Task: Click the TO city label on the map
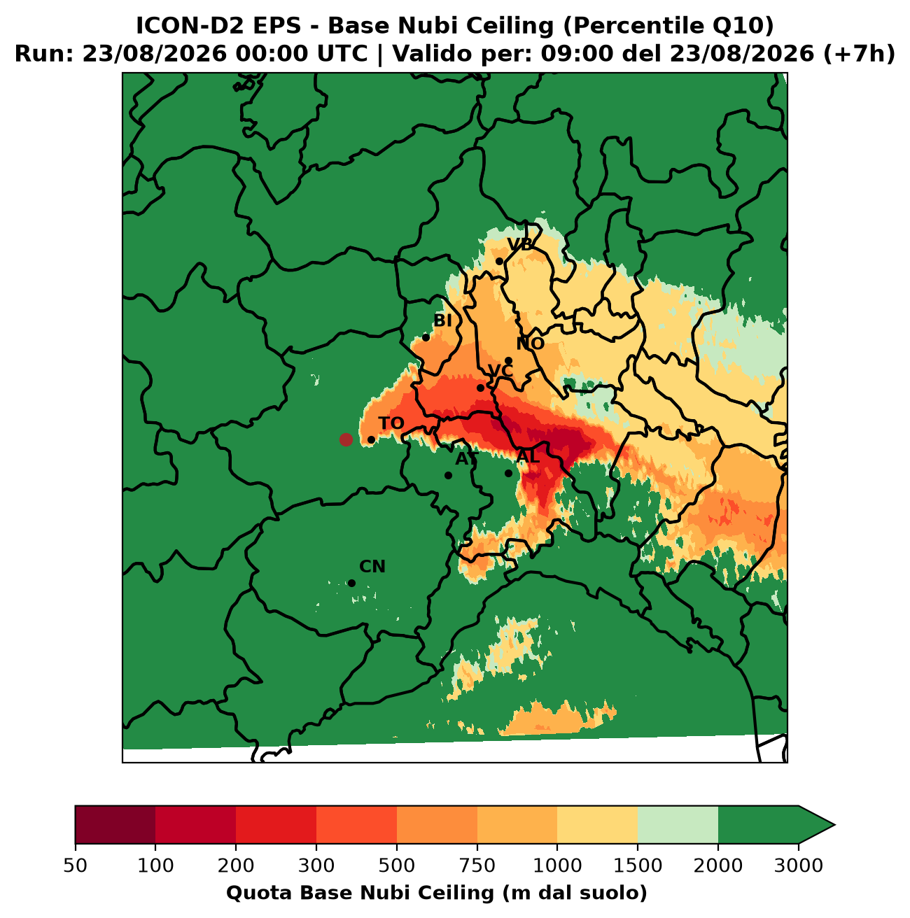coord(391,423)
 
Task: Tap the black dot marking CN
coord(351,583)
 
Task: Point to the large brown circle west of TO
coord(346,439)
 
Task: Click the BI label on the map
coord(442,320)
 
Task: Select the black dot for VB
coord(499,261)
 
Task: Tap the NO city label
coord(530,344)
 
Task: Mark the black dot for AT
coord(448,475)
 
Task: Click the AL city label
coord(528,458)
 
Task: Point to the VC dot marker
coord(480,388)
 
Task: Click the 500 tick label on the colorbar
coord(397,866)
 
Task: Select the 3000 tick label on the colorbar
coord(799,866)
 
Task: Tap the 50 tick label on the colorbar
coord(76,866)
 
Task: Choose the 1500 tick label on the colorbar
coord(638,866)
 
